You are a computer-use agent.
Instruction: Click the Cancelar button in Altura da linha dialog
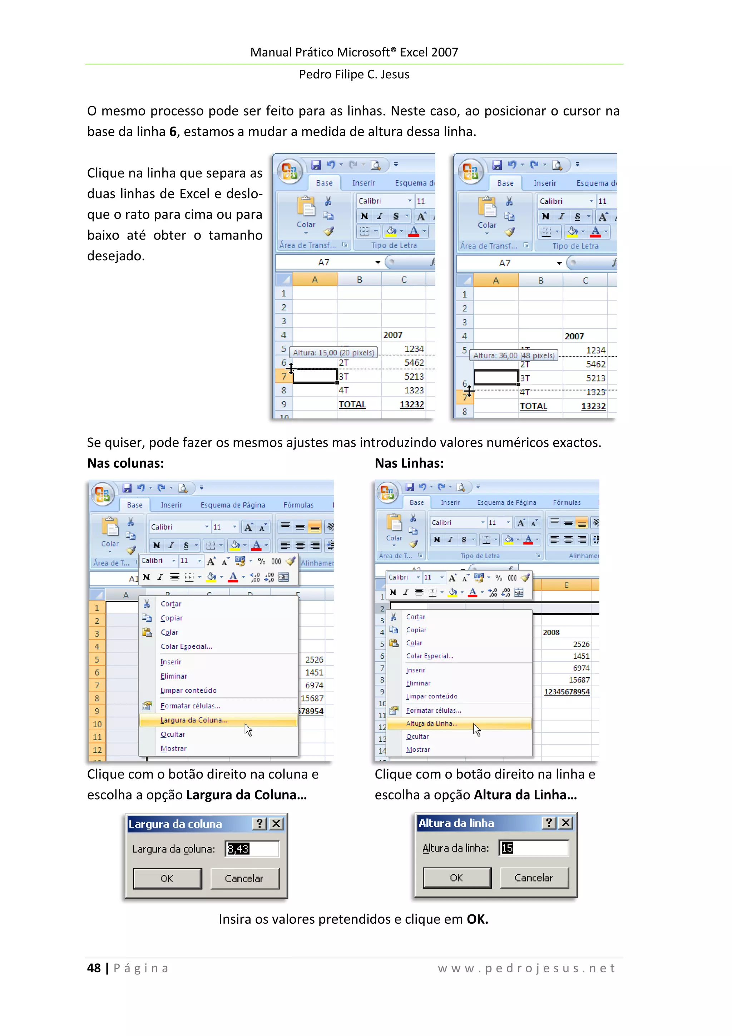point(534,877)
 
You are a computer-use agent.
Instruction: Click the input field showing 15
point(534,848)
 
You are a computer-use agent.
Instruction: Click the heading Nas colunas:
point(125,463)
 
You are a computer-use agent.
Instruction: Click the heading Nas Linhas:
point(409,463)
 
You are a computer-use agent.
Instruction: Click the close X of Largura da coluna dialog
point(277,824)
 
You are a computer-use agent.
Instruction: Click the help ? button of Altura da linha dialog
point(548,823)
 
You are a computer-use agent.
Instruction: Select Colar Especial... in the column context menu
point(186,646)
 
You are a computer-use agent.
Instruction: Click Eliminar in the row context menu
point(418,683)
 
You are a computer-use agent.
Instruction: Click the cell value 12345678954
point(567,692)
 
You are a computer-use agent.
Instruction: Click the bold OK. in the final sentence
point(477,919)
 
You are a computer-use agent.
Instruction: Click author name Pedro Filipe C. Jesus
point(354,74)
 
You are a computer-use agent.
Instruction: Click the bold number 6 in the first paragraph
point(173,131)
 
